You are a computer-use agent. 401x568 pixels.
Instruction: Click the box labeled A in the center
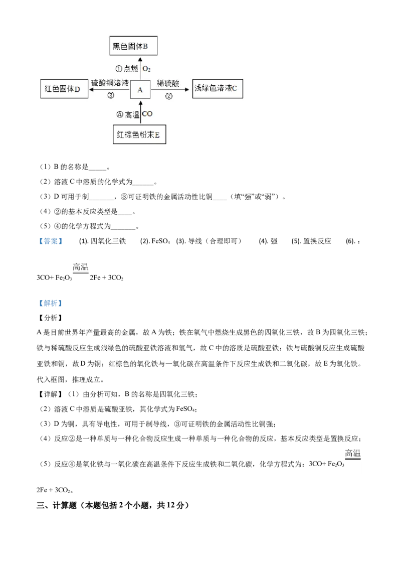pyautogui.click(x=140, y=90)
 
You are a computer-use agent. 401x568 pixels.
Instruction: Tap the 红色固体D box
pyautogui.click(x=64, y=90)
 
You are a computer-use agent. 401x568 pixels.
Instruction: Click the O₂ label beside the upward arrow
pyautogui.click(x=147, y=69)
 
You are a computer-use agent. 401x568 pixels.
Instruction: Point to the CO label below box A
pyautogui.click(x=147, y=114)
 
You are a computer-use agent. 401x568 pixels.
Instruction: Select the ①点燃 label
pyautogui.click(x=127, y=69)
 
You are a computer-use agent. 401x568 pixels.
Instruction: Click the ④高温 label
pyautogui.click(x=127, y=114)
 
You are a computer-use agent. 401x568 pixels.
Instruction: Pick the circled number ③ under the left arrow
pyautogui.click(x=111, y=95)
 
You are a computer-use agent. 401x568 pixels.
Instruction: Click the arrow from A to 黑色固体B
pyautogui.click(x=140, y=68)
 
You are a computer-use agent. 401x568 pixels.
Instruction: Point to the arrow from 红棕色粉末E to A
pyautogui.click(x=140, y=113)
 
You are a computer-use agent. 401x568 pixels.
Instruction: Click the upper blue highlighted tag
pyautogui.click(x=50, y=241)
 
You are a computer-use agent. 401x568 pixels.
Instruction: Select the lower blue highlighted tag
pyautogui.click(x=50, y=304)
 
